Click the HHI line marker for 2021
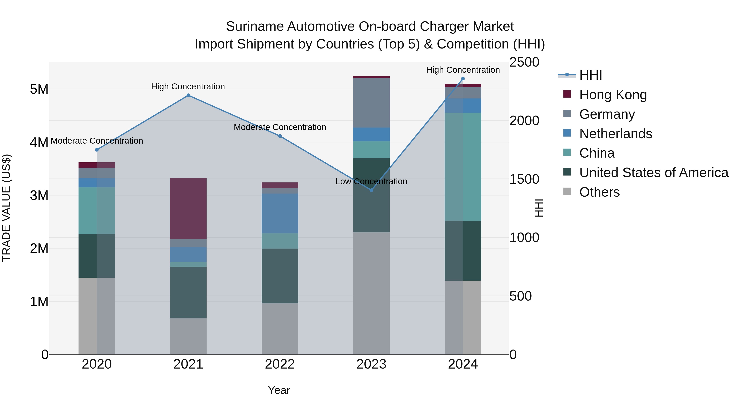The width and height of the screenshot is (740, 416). coord(188,95)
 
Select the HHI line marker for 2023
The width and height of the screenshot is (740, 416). coord(371,190)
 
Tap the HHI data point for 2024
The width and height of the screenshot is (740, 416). coord(463,79)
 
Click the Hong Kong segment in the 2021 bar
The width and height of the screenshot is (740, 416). coord(188,209)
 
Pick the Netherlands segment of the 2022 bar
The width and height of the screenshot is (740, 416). coord(280,213)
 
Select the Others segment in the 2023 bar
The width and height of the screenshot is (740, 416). coord(371,293)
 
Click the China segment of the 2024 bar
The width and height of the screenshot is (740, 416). coord(463,167)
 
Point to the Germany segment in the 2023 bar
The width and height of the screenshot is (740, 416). coord(371,103)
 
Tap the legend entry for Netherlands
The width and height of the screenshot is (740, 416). coord(615,134)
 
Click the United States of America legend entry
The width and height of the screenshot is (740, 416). coord(653,173)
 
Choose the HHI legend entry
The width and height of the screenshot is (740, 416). coord(590,75)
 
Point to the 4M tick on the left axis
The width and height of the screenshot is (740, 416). coord(39,142)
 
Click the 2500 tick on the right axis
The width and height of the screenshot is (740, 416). coord(524,62)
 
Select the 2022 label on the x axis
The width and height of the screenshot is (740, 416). coord(280,364)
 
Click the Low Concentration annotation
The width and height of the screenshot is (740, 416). coord(371,181)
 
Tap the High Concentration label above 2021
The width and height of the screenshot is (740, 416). coord(188,86)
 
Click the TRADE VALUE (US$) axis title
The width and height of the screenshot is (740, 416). coord(6,208)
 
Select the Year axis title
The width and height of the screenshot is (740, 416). coord(279,390)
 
